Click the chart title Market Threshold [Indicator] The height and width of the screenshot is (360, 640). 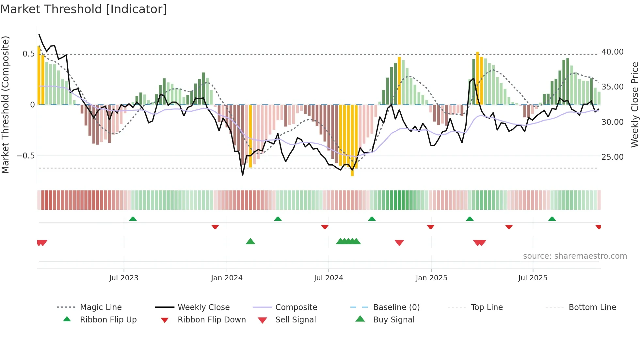84,9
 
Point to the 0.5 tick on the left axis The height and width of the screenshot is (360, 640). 28,54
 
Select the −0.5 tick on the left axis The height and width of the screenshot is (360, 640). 26,156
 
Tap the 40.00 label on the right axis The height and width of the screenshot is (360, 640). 612,52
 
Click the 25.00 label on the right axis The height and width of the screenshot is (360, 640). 612,157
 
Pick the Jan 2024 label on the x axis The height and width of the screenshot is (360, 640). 227,278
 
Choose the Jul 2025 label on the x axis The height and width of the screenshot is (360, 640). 533,278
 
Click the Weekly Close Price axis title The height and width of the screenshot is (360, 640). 634,105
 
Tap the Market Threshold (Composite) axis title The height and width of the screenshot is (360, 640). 5,105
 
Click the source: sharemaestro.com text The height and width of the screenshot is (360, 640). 575,256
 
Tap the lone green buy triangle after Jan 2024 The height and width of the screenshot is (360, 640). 250,242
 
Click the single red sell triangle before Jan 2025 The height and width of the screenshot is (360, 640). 399,243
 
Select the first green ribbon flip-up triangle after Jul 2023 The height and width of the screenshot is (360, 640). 133,219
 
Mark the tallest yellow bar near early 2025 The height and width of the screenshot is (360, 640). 477,78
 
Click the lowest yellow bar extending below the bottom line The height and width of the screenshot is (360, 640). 352,140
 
